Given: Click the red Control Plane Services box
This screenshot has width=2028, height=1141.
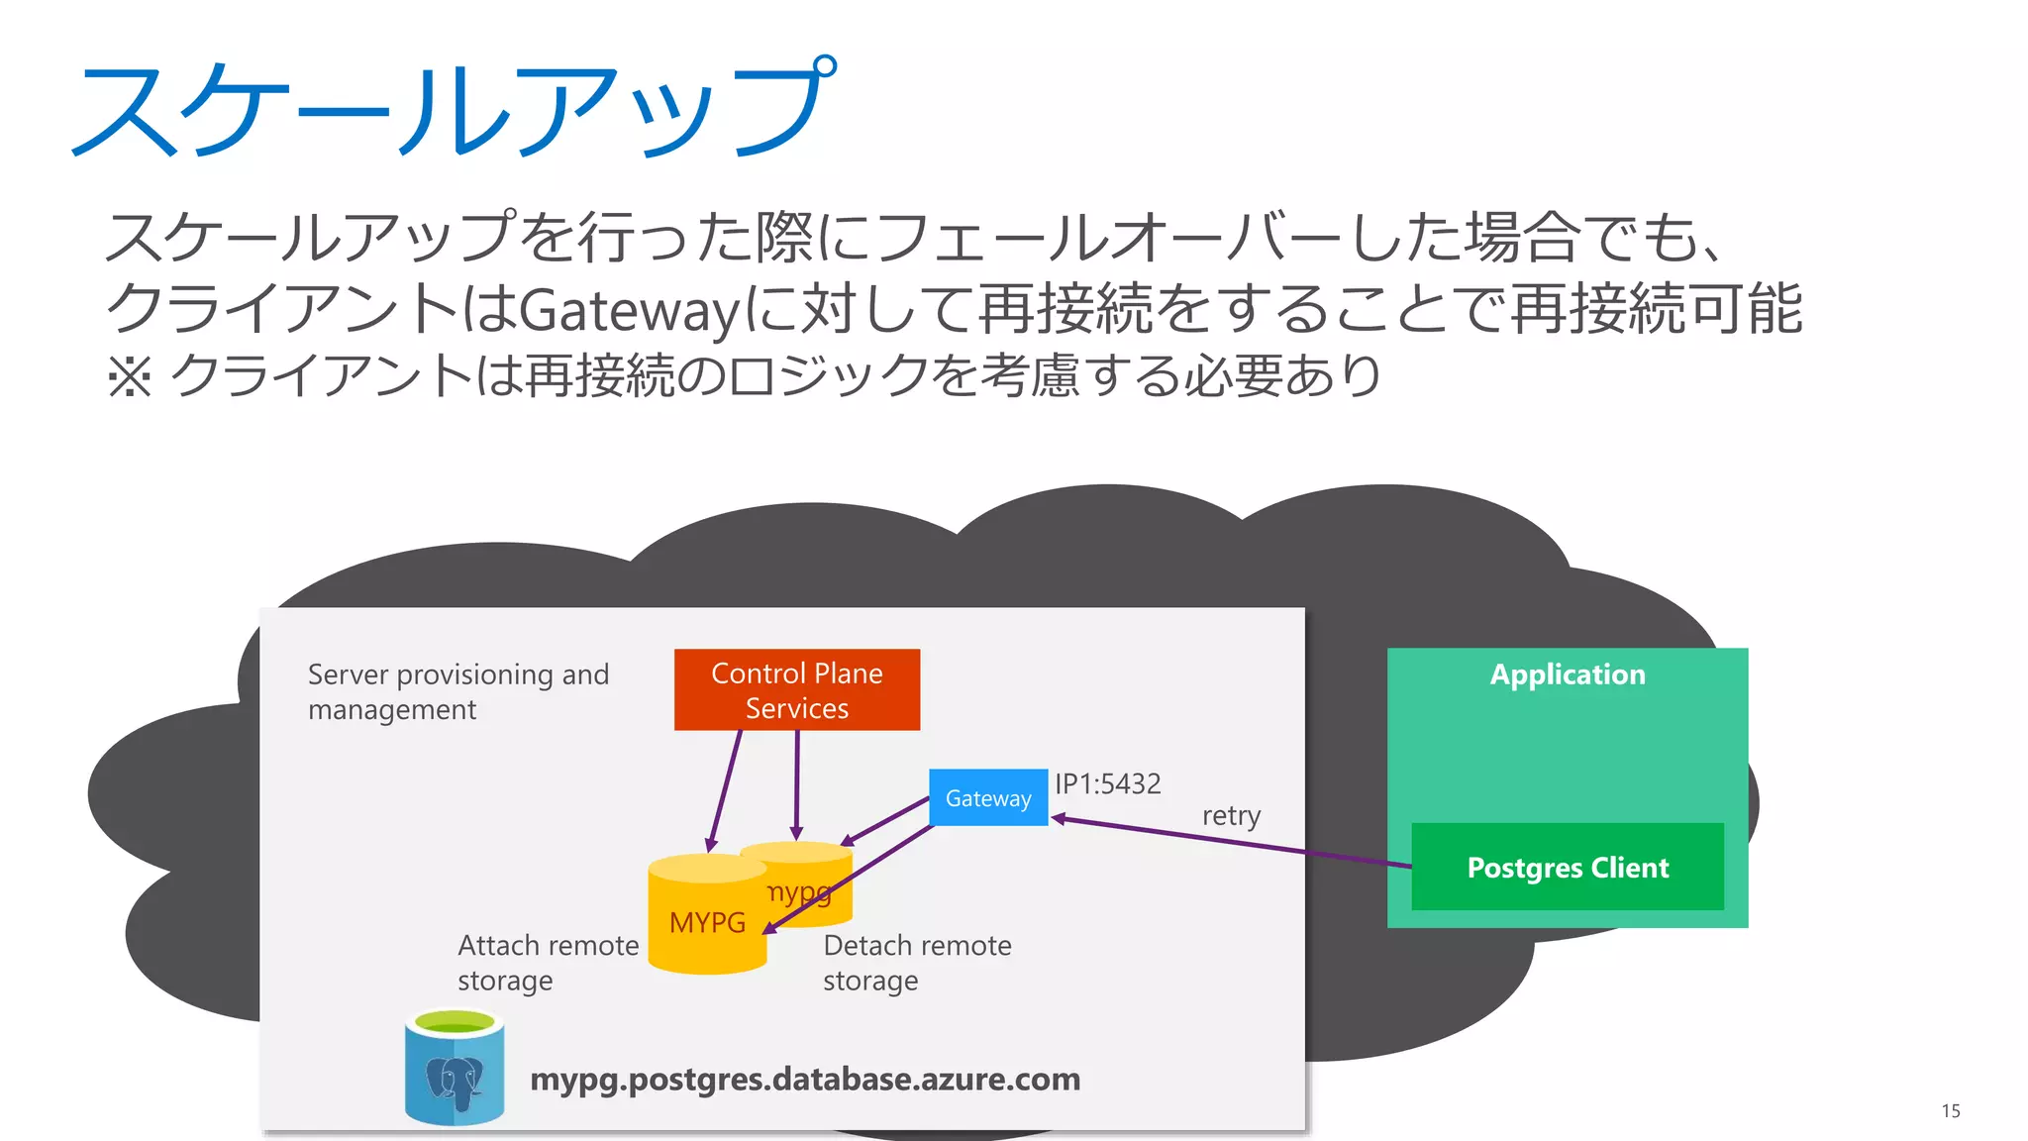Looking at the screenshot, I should click(x=796, y=690).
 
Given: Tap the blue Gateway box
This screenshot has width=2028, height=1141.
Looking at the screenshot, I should click(x=987, y=798).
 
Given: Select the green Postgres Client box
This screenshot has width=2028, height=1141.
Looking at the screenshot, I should click(x=1567, y=868).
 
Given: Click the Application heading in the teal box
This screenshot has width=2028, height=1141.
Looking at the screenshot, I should click(x=1567, y=674).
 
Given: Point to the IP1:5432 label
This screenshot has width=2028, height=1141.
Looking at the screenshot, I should click(x=1107, y=784).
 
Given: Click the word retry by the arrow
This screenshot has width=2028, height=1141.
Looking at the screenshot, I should click(x=1231, y=816).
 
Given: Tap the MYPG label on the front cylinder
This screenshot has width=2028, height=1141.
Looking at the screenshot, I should click(x=707, y=923).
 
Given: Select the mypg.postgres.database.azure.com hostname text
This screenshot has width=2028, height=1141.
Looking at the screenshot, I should click(x=804, y=1079).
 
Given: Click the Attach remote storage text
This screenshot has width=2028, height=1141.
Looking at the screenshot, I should click(x=547, y=962).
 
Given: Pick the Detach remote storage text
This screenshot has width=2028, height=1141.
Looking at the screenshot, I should click(x=916, y=962).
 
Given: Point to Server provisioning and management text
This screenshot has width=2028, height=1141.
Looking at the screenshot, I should click(x=457, y=691).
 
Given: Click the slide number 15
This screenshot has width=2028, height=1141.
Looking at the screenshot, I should click(x=1950, y=1111).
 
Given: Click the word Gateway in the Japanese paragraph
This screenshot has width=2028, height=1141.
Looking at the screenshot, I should click(x=630, y=310).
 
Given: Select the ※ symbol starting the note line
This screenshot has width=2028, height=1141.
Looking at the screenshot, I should click(x=129, y=377).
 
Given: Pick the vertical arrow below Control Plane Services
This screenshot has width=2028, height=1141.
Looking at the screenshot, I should click(x=796, y=782).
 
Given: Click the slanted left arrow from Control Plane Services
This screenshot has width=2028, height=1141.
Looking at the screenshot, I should click(x=725, y=790).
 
